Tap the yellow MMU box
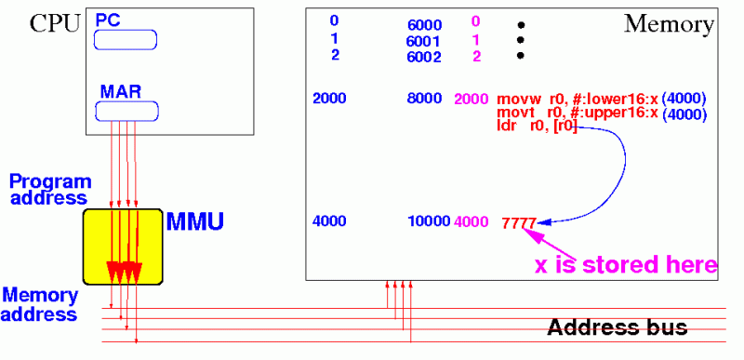coord(122,247)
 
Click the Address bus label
coord(617,327)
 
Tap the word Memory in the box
coord(668,23)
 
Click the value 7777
coord(518,223)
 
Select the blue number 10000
coord(429,223)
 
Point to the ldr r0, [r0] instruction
coord(538,126)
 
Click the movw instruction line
coord(577,98)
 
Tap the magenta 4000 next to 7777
coord(471,223)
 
